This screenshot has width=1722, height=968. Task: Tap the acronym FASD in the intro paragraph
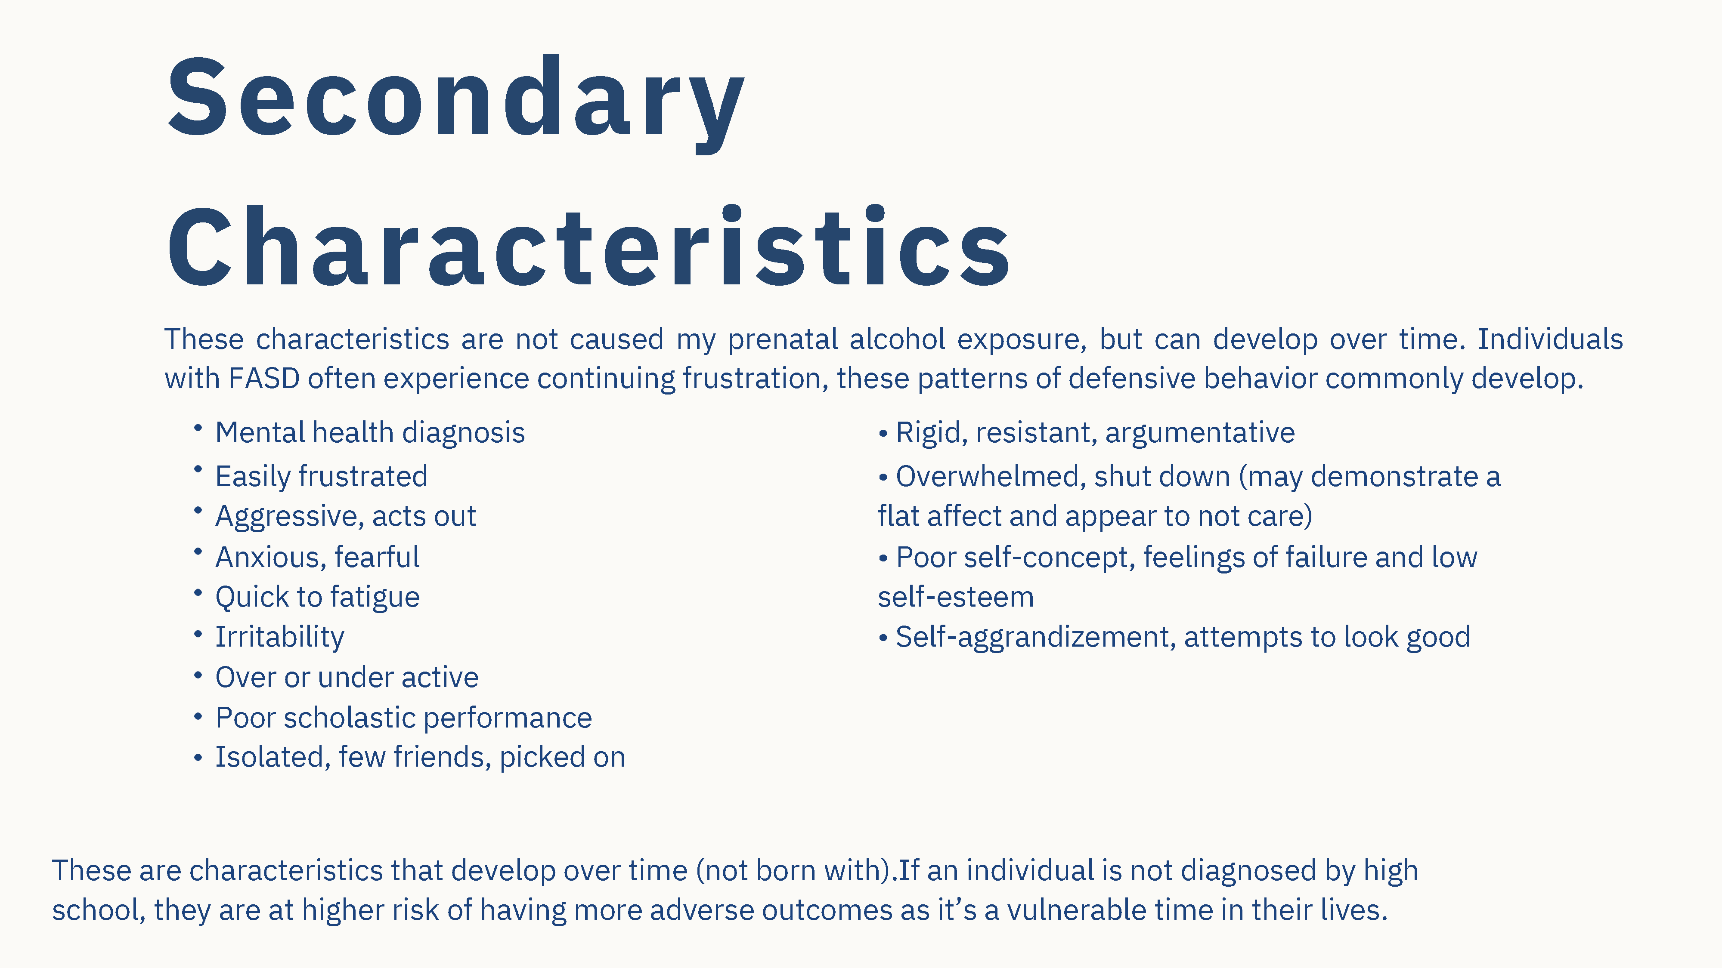coord(263,379)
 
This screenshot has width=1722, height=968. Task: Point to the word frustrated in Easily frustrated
coord(363,476)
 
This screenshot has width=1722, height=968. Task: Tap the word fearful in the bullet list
coord(377,557)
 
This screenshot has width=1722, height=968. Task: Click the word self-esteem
coord(956,597)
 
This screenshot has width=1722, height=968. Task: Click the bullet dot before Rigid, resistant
coord(883,434)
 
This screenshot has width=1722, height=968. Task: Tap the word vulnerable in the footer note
coord(1077,910)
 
